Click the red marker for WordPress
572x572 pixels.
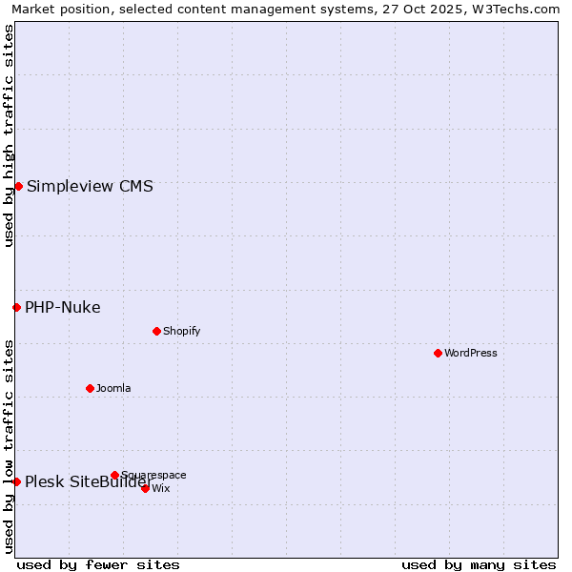tap(438, 353)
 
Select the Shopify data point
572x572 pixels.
tap(156, 331)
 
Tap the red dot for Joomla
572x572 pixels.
tap(90, 388)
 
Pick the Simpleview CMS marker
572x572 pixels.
tap(18, 186)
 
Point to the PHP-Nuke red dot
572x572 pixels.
tap(16, 307)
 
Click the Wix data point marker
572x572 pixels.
tap(145, 488)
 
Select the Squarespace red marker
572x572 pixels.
tap(114, 475)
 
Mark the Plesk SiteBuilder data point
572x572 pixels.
tap(16, 481)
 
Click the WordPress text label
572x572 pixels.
tap(471, 353)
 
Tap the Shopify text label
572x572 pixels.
tap(182, 331)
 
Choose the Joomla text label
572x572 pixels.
tap(113, 388)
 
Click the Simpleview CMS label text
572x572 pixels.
tap(90, 186)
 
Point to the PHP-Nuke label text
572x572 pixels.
tap(63, 307)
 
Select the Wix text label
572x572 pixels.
tap(161, 488)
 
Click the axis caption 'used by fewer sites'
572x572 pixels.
tap(98, 564)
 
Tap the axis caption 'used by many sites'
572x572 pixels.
tap(479, 564)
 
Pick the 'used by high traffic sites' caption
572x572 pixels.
tap(9, 135)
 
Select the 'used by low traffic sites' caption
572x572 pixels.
tap(9, 445)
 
